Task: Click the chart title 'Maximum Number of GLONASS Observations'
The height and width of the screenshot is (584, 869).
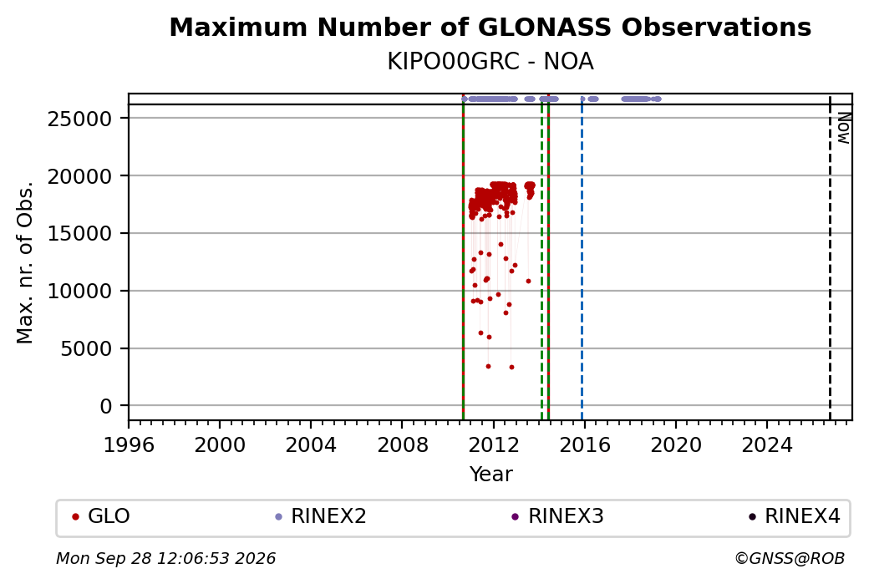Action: click(x=490, y=27)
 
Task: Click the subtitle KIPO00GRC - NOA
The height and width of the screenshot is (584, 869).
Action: click(x=490, y=62)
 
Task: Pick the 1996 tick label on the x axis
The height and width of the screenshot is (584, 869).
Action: click(x=129, y=444)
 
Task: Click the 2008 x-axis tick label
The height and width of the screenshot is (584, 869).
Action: click(x=403, y=444)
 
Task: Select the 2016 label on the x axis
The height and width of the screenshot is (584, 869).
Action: click(x=584, y=444)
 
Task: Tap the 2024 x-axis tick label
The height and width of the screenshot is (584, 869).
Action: click(x=767, y=444)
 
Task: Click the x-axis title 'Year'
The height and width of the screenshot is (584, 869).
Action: click(x=491, y=475)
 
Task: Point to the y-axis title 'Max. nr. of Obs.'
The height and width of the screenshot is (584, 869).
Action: click(x=25, y=262)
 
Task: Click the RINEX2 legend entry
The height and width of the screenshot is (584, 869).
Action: click(x=321, y=516)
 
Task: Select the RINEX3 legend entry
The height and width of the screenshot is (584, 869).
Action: click(x=557, y=516)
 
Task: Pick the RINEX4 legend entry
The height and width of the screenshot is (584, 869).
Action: click(x=794, y=516)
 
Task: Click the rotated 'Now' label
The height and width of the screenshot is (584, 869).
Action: click(x=843, y=129)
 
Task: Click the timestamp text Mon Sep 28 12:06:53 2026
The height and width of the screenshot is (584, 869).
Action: click(x=166, y=558)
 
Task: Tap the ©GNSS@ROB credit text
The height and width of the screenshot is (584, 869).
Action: click(x=790, y=558)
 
